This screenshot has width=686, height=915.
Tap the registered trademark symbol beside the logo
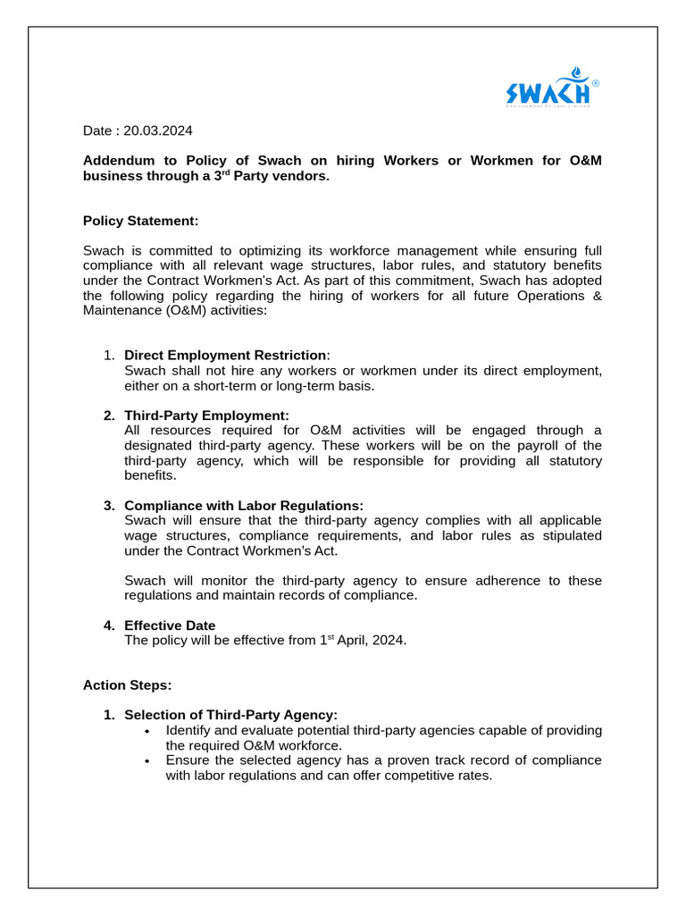pos(596,83)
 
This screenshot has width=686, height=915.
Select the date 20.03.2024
pos(158,130)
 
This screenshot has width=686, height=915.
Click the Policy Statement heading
pos(141,220)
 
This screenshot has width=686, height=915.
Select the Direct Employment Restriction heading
pos(225,356)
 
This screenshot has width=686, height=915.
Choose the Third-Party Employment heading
pos(206,416)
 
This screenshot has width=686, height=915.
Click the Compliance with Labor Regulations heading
pos(244,506)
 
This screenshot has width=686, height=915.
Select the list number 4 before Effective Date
pos(108,625)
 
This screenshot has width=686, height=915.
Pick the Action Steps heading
pos(127,685)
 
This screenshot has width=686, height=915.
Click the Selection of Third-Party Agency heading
pos(230,715)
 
